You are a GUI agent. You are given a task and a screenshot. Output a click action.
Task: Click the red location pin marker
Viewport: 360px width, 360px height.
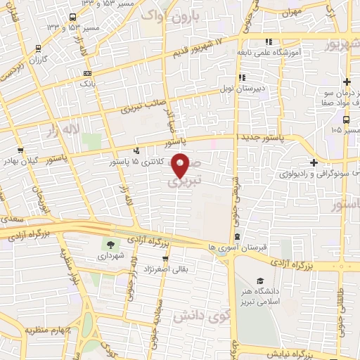[181, 165]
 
